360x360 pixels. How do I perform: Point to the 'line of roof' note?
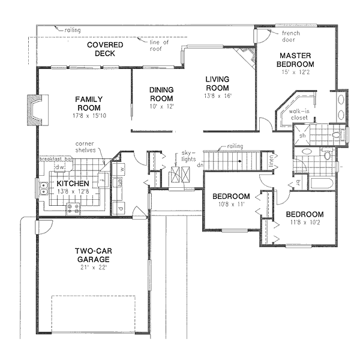click(159, 46)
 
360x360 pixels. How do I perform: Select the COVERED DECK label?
click(105, 49)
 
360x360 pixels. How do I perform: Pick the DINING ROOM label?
click(161, 95)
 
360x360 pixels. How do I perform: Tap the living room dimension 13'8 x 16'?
click(218, 95)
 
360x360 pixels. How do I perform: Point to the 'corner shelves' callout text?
click(88, 148)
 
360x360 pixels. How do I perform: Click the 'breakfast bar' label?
click(55, 159)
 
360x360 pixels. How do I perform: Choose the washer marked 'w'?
click(121, 169)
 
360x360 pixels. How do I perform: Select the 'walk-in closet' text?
click(299, 115)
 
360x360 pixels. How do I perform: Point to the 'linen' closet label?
click(271, 161)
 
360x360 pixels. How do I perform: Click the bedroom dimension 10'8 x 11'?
click(231, 205)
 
